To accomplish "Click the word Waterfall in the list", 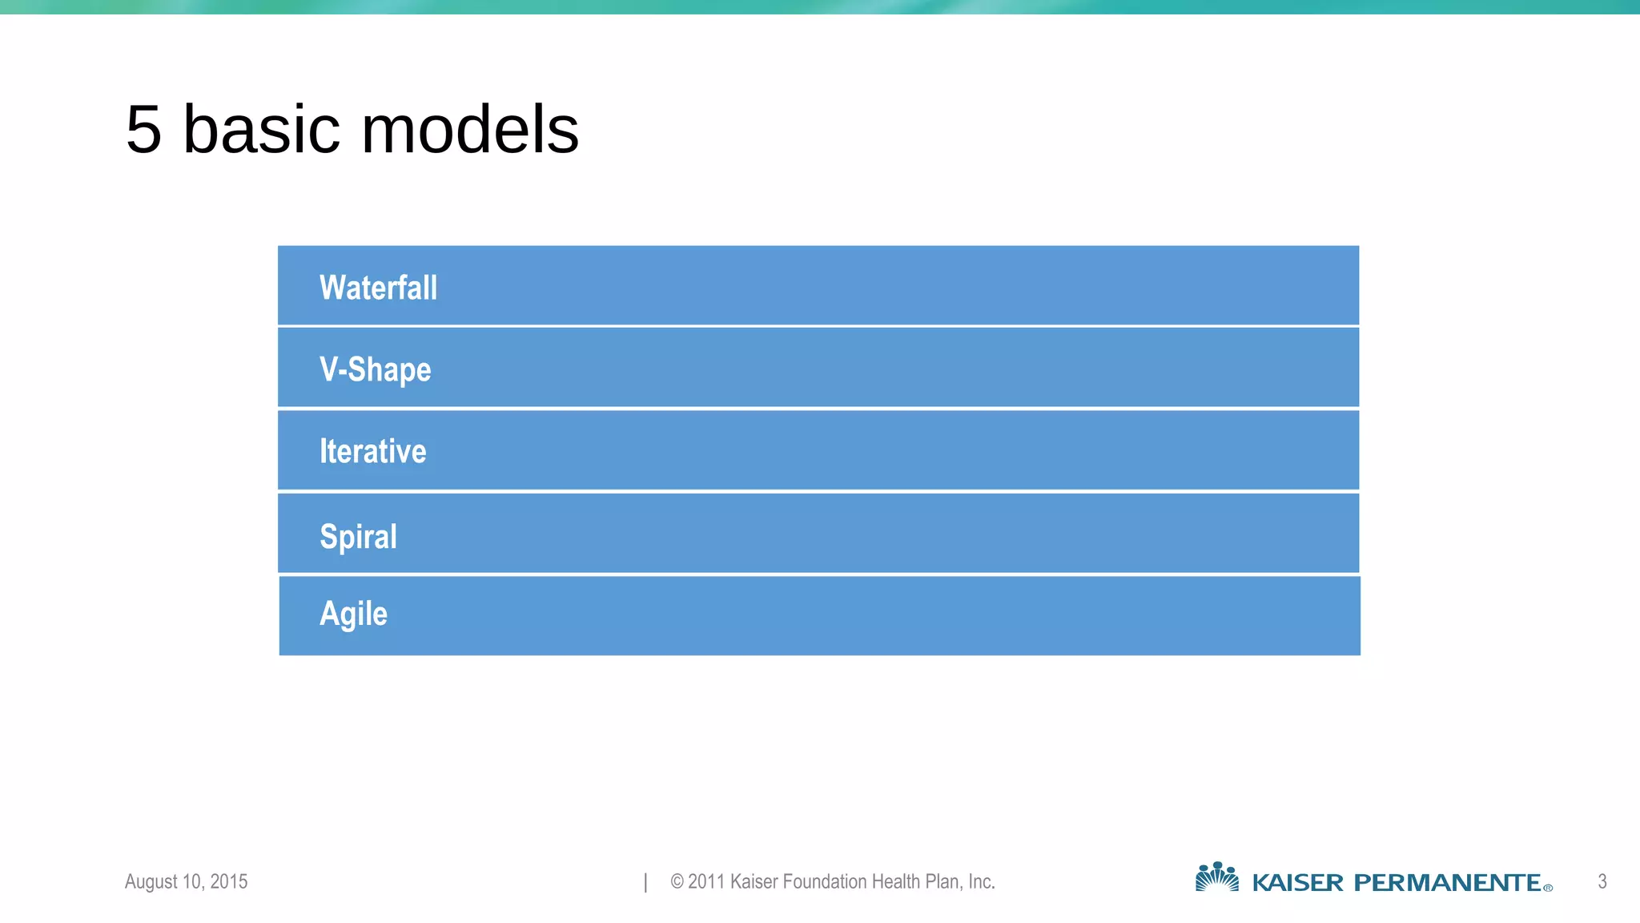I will [378, 288].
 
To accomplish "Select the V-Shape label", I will [375, 369].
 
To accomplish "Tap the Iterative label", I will [372, 451].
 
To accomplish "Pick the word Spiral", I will [358, 536].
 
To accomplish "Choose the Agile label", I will [353, 614].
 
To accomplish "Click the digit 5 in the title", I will [144, 130].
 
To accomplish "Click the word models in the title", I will [470, 130].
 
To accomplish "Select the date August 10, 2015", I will [186, 881].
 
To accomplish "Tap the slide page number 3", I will [1602, 881].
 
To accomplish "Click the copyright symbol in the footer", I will [677, 882].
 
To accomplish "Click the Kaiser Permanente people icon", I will [1217, 877].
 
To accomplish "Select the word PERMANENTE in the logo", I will [1447, 883].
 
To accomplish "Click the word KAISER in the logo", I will [1297, 883].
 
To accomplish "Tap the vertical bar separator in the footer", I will [645, 882].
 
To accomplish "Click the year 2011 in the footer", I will [706, 881].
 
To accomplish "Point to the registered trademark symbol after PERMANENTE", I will [1548, 888].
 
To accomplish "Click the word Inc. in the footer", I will [981, 881].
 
